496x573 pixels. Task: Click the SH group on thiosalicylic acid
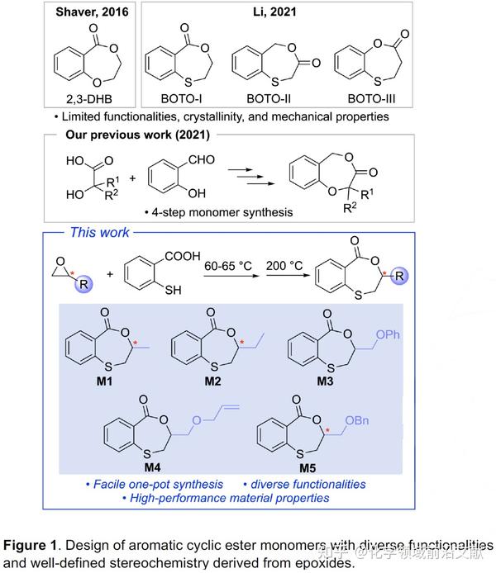(174, 291)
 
